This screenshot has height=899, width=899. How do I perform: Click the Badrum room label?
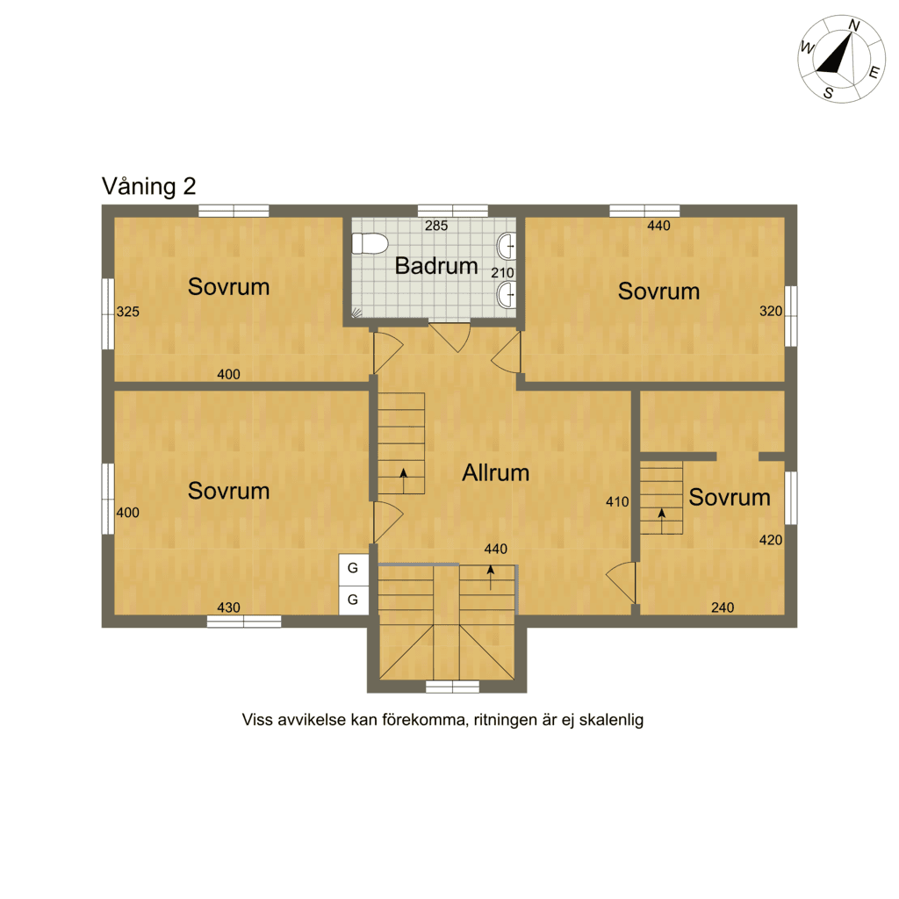click(x=436, y=266)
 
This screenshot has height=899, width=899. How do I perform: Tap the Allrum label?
click(x=496, y=473)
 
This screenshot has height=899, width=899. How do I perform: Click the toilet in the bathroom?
click(x=370, y=244)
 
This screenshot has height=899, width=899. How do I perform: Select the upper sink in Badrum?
click(x=507, y=247)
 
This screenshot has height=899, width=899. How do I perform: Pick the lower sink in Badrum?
click(x=507, y=295)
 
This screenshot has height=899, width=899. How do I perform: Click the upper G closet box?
click(x=353, y=569)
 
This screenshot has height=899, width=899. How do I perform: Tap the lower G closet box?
click(x=353, y=600)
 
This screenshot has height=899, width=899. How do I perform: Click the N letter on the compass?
click(x=854, y=25)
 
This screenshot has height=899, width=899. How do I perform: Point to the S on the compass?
click(x=829, y=92)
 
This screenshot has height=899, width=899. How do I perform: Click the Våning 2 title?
click(x=149, y=186)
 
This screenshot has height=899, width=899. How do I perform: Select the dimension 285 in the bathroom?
click(x=436, y=226)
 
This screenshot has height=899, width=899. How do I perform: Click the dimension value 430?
click(x=229, y=608)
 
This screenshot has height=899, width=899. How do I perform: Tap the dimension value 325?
click(x=128, y=312)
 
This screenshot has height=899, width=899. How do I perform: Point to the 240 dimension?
click(x=723, y=608)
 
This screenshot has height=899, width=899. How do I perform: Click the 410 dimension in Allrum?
click(x=617, y=502)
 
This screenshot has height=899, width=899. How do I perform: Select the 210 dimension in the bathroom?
click(x=502, y=274)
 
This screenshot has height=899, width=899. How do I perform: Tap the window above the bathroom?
click(x=453, y=211)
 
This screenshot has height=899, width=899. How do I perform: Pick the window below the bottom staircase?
click(x=452, y=687)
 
